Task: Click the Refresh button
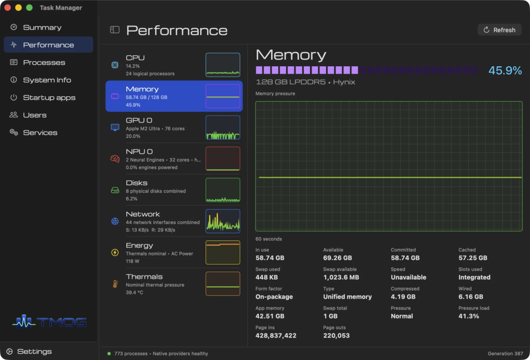[499, 30]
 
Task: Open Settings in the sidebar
[31, 352]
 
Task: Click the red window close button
[8, 7]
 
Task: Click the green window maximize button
[30, 7]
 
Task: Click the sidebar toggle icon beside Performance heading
[115, 30]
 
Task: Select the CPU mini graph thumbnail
[223, 65]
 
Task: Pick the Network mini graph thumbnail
[223, 221]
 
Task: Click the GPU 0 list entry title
[139, 121]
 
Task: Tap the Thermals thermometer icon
[115, 284]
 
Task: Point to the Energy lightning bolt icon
[115, 252]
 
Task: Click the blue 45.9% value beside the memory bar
[505, 70]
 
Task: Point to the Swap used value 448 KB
[267, 278]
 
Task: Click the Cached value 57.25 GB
[473, 258]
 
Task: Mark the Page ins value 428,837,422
[276, 336]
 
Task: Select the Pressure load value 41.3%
[468, 316]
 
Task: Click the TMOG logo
[49, 322]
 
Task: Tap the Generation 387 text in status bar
[505, 354]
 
